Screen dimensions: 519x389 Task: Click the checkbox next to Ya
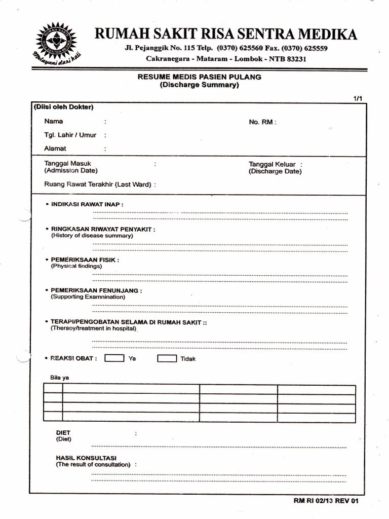tap(114, 358)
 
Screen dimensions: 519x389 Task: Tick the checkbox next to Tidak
tap(167, 358)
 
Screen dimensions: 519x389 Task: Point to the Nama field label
tap(54, 122)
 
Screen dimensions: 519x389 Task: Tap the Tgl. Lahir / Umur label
tap(70, 135)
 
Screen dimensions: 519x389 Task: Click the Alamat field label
tap(56, 149)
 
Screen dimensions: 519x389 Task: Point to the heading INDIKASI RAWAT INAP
tap(87, 204)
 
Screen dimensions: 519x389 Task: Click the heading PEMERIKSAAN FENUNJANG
tap(96, 290)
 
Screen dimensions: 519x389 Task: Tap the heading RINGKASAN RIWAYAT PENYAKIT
tap(103, 229)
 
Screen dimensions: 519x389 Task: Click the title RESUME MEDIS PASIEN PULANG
tap(199, 77)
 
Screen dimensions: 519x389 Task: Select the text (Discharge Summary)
tap(199, 85)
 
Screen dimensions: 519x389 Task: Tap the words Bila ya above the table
tap(60, 378)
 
